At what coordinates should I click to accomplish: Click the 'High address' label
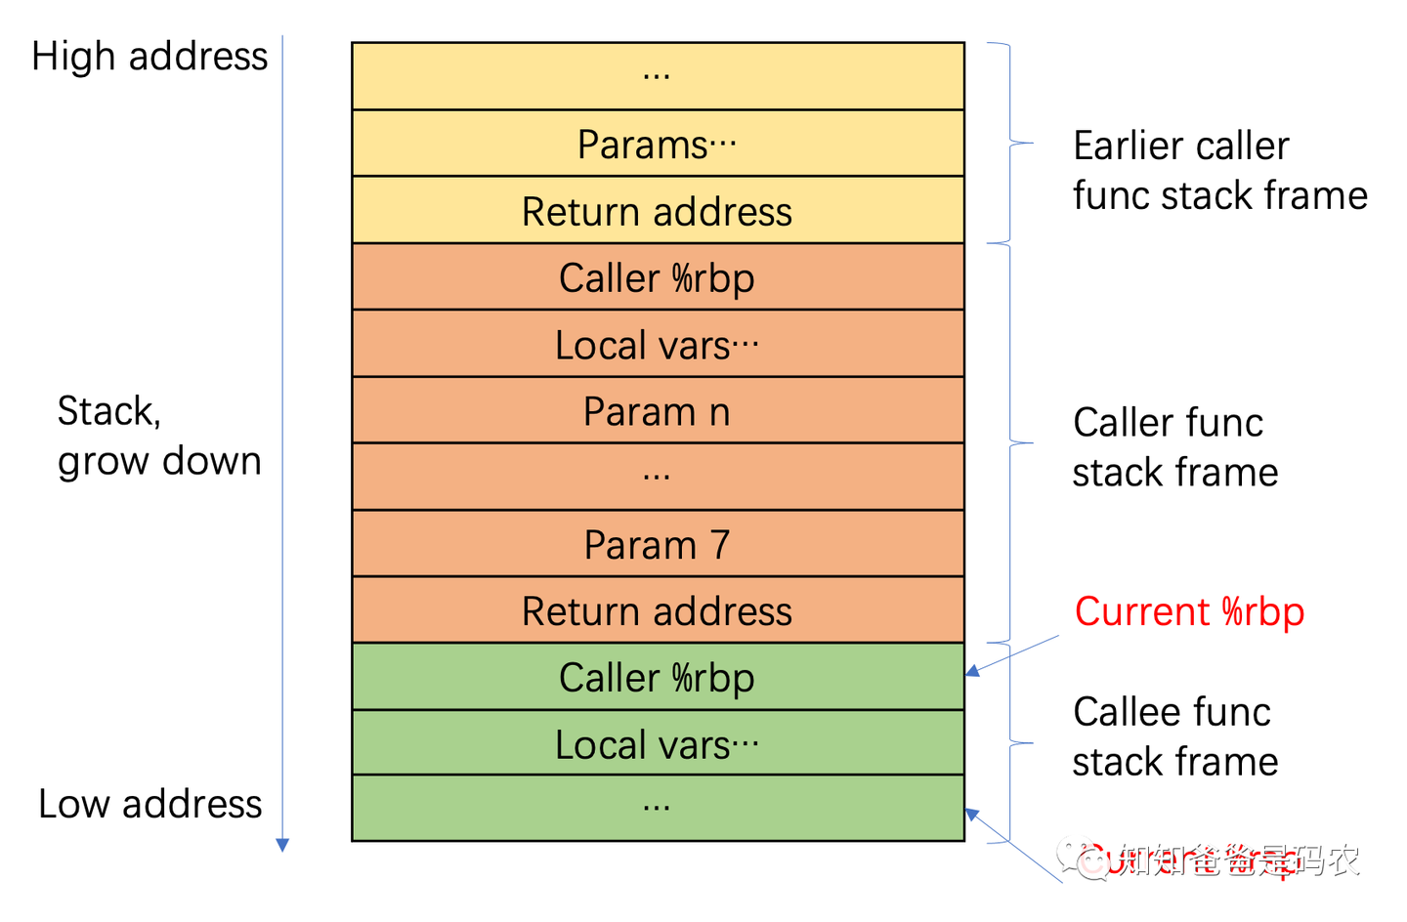(x=149, y=57)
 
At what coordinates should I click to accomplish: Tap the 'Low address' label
(x=149, y=804)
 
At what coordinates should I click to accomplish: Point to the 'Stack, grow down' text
(x=158, y=436)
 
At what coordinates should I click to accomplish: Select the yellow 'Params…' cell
(x=658, y=144)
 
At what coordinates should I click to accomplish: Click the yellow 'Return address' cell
(x=658, y=211)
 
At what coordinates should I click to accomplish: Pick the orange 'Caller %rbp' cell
(x=658, y=277)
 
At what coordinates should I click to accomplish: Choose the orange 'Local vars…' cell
(x=658, y=344)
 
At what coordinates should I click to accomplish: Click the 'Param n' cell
(x=658, y=411)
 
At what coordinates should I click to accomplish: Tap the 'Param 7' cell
(x=658, y=544)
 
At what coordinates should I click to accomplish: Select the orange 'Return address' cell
(x=658, y=610)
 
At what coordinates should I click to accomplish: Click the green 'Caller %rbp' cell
(x=658, y=677)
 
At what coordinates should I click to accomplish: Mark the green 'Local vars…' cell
(x=658, y=743)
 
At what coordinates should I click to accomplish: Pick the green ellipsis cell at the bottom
(x=658, y=808)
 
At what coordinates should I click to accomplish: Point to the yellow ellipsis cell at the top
(x=658, y=76)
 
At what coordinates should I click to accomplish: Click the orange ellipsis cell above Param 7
(x=658, y=477)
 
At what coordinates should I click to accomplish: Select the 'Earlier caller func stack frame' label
(x=1219, y=170)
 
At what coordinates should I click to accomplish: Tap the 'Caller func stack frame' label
(x=1174, y=447)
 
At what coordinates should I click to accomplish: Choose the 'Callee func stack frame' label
(x=1174, y=736)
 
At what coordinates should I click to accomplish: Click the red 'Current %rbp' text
(x=1189, y=611)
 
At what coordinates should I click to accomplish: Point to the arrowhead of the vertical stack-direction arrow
(x=282, y=845)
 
